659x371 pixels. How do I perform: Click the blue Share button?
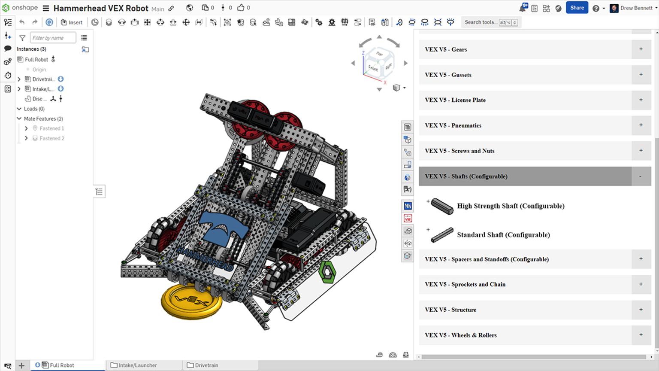click(x=577, y=8)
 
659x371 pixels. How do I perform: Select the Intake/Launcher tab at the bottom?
click(x=137, y=365)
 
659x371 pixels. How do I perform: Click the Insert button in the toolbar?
click(x=72, y=22)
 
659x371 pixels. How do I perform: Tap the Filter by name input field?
click(x=53, y=38)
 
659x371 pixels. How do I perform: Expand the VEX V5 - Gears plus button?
click(x=641, y=49)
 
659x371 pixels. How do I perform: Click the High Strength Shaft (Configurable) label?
click(x=511, y=206)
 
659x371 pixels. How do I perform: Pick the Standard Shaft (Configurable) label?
click(x=503, y=235)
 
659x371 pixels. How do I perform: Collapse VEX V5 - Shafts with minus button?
click(x=641, y=176)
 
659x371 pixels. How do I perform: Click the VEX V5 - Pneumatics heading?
click(x=453, y=125)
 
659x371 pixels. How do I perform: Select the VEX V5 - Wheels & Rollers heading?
click(x=460, y=335)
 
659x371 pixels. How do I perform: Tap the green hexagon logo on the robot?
click(x=327, y=272)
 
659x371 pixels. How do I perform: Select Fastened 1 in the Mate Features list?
click(x=52, y=128)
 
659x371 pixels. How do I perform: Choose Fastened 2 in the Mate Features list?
click(x=52, y=138)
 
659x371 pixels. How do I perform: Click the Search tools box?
click(x=481, y=22)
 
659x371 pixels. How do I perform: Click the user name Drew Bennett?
click(x=636, y=8)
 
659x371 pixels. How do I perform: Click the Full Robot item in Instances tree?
click(x=36, y=60)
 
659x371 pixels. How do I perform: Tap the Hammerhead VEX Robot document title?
click(x=101, y=8)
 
